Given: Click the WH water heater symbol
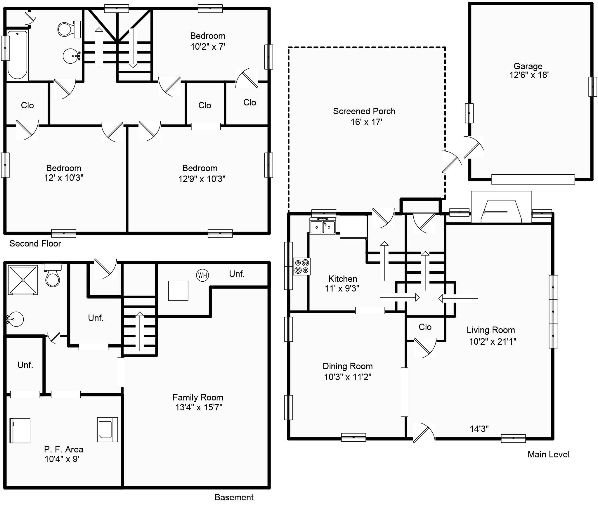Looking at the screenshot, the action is pyautogui.click(x=202, y=275).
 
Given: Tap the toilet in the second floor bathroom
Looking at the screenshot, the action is pyautogui.click(x=69, y=29).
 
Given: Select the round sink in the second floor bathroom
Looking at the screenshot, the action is pyautogui.click(x=71, y=56).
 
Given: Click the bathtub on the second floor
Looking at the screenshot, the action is pyautogui.click(x=17, y=55).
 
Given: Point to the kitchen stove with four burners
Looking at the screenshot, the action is pyautogui.click(x=302, y=266).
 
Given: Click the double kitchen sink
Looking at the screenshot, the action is pyautogui.click(x=323, y=226).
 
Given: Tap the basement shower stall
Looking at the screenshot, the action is pyautogui.click(x=23, y=280).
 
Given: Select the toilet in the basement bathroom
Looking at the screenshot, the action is pyautogui.click(x=53, y=275).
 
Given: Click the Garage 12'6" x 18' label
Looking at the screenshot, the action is pyautogui.click(x=528, y=71).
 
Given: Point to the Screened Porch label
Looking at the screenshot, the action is pyautogui.click(x=364, y=111).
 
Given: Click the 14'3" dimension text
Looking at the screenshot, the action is pyautogui.click(x=479, y=429).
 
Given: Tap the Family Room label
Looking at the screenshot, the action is pyautogui.click(x=198, y=398).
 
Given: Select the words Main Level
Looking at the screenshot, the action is pyautogui.click(x=548, y=454).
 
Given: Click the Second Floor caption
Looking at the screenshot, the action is pyautogui.click(x=35, y=244).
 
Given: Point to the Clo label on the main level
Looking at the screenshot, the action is pyautogui.click(x=425, y=327).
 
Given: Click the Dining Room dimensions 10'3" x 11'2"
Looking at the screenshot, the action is pyautogui.click(x=348, y=377).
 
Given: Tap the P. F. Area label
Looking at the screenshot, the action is pyautogui.click(x=64, y=450).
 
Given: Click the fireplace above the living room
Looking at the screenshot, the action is pyautogui.click(x=501, y=207).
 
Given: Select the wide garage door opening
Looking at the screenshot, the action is pyautogui.click(x=533, y=179).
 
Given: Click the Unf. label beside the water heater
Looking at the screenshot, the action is pyautogui.click(x=237, y=274).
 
